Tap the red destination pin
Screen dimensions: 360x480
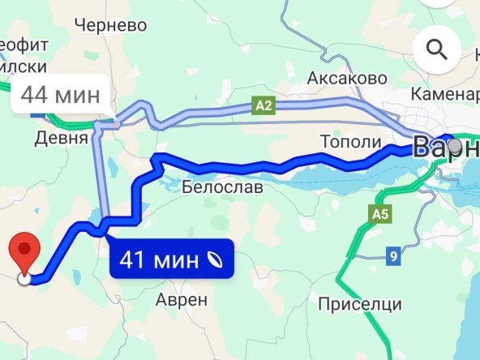point(25,251)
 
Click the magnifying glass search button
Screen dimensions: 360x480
point(437,50)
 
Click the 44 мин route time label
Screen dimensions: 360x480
point(60,94)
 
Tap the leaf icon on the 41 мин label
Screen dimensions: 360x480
point(216,260)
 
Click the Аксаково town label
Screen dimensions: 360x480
point(341,78)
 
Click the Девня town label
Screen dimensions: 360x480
point(60,138)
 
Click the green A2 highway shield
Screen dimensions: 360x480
point(261,105)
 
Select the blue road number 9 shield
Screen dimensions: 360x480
point(393,257)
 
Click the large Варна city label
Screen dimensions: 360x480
point(442,148)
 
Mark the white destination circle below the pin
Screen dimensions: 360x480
point(25,279)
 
